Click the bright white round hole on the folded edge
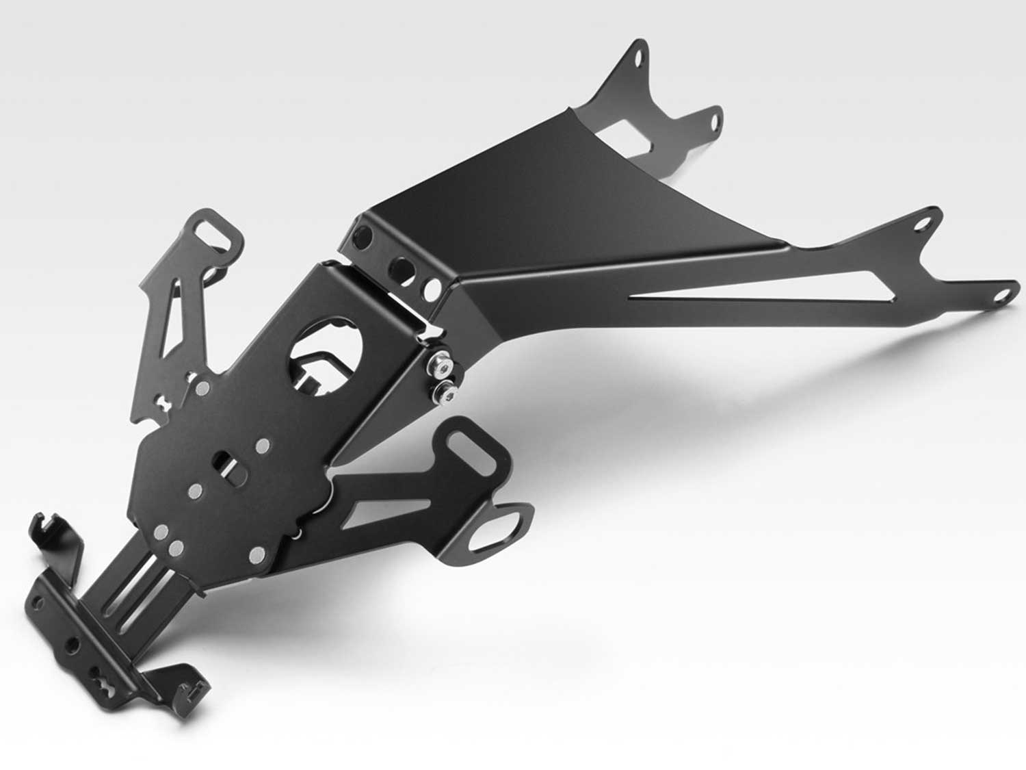tap(432, 290)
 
